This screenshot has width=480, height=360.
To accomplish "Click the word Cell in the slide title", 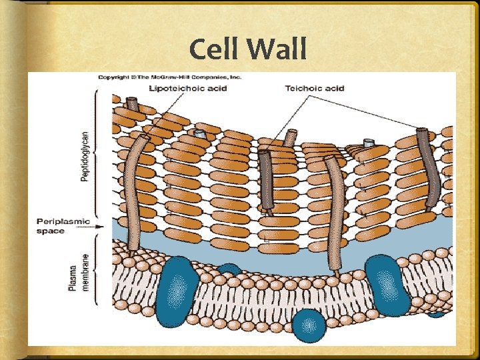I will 215,50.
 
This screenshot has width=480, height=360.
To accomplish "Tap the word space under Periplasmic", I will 51,231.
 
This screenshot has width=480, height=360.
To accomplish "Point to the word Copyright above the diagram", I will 114,77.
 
